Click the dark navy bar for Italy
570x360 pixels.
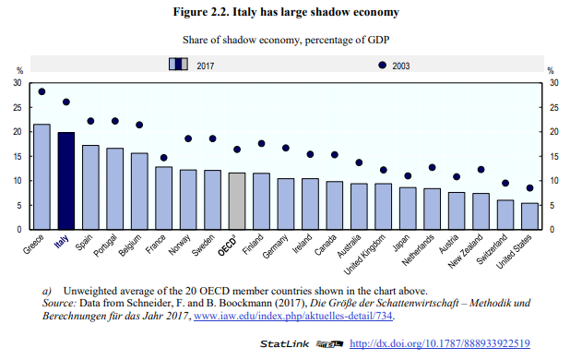click(66, 181)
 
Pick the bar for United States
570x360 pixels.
click(529, 216)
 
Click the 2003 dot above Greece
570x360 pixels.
click(42, 91)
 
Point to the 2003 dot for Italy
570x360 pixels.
click(66, 102)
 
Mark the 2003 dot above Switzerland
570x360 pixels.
click(505, 183)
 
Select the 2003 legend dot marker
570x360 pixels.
click(382, 65)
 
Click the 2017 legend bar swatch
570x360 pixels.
click(178, 65)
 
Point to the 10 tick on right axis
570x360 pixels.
click(553, 181)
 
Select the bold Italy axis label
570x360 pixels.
click(61, 242)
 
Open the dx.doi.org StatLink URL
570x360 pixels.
click(438, 344)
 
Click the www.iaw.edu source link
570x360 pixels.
click(290, 315)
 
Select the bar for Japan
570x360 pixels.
click(407, 208)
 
